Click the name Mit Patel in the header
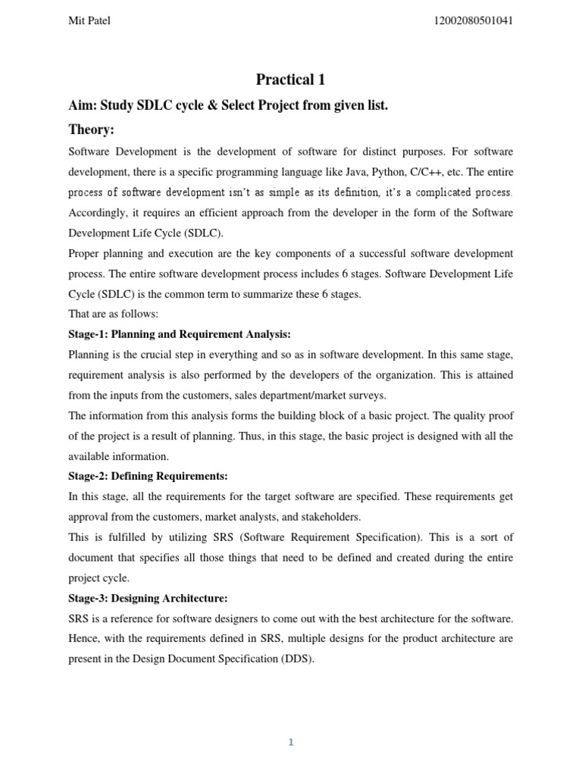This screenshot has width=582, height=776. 89,20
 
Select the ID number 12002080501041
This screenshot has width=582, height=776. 471,20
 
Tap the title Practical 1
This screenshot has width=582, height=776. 290,80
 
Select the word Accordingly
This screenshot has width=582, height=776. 96,213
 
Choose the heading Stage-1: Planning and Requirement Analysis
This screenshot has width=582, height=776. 180,334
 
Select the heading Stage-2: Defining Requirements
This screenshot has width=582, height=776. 148,476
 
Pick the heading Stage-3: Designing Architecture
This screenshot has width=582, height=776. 148,598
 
